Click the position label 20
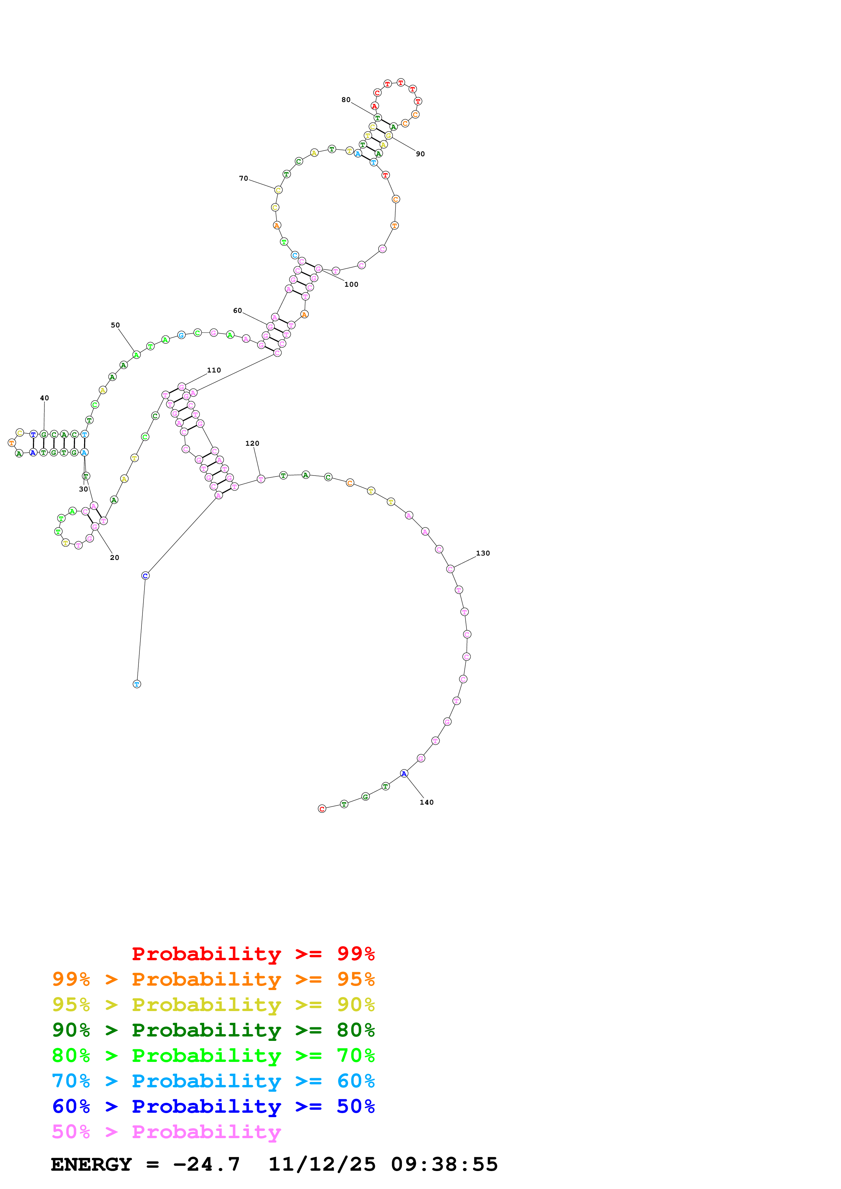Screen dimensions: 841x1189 pyautogui.click(x=115, y=558)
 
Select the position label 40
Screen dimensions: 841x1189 pyautogui.click(x=44, y=398)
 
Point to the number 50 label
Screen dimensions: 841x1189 pyautogui.click(x=115, y=325)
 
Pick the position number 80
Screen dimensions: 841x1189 pyautogui.click(x=346, y=100)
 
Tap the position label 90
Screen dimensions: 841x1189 pyautogui.click(x=420, y=154)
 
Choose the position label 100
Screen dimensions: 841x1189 pyautogui.click(x=351, y=285)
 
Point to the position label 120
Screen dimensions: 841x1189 pyautogui.click(x=252, y=444)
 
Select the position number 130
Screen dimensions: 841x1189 pyautogui.click(x=483, y=553)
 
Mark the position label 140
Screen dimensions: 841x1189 pyautogui.click(x=426, y=803)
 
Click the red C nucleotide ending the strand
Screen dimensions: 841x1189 pyautogui.click(x=322, y=809)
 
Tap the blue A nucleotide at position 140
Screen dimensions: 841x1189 pyautogui.click(x=404, y=774)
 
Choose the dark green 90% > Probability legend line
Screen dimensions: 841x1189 pyautogui.click(x=213, y=1030)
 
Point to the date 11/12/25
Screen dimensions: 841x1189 pyautogui.click(x=322, y=1165)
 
